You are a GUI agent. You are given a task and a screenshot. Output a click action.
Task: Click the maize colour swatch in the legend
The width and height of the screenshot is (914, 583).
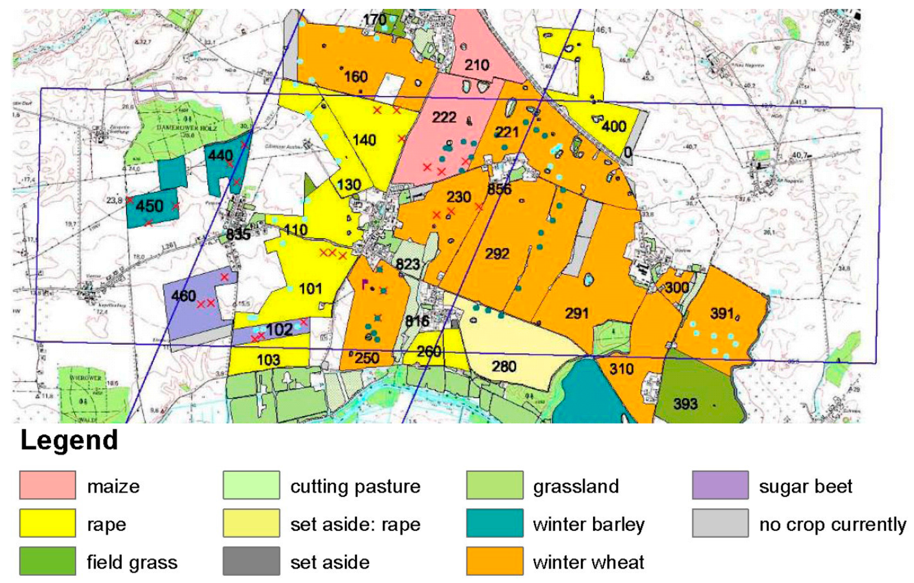coord(47,485)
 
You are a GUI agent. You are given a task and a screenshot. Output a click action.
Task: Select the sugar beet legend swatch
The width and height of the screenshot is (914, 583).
coord(720,485)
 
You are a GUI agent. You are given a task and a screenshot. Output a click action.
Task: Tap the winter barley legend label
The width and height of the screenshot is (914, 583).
coord(588,524)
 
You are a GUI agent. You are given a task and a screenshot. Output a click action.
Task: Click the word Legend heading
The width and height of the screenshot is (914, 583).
coord(69,440)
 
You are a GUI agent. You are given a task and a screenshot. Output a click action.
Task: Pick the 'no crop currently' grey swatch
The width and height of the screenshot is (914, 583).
coord(720,523)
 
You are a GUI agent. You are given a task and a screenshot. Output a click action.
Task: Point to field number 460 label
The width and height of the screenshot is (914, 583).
coord(183,295)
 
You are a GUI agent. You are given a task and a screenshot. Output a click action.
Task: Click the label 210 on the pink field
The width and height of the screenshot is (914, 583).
coord(477,65)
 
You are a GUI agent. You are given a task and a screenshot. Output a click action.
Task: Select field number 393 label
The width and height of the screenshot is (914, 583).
coord(685,403)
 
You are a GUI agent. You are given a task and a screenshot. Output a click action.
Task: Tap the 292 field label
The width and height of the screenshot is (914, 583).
coord(497,254)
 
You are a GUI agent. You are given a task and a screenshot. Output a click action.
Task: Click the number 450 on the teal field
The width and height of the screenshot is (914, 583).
coord(149,206)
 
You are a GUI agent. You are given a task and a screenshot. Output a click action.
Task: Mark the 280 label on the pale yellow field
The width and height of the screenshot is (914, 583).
coord(504,366)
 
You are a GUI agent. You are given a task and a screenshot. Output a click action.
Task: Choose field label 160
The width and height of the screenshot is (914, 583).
coord(356,77)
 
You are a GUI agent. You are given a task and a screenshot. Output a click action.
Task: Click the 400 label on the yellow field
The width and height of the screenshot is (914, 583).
coord(614,126)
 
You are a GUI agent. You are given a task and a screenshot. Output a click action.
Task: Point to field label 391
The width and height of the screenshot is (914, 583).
coord(722,314)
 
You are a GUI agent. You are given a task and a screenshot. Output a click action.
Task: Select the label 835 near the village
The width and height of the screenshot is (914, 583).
coord(238,234)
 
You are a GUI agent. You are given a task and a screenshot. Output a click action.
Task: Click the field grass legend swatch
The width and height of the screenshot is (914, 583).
coord(47,561)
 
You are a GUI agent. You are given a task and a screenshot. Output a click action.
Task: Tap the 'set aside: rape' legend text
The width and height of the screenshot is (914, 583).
coord(355,524)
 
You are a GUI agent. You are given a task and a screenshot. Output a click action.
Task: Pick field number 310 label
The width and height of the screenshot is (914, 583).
coord(622,369)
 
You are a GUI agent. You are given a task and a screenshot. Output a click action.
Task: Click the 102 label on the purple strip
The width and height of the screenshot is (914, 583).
coord(279,330)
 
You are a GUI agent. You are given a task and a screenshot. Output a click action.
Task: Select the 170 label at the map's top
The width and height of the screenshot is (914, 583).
coord(375,20)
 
